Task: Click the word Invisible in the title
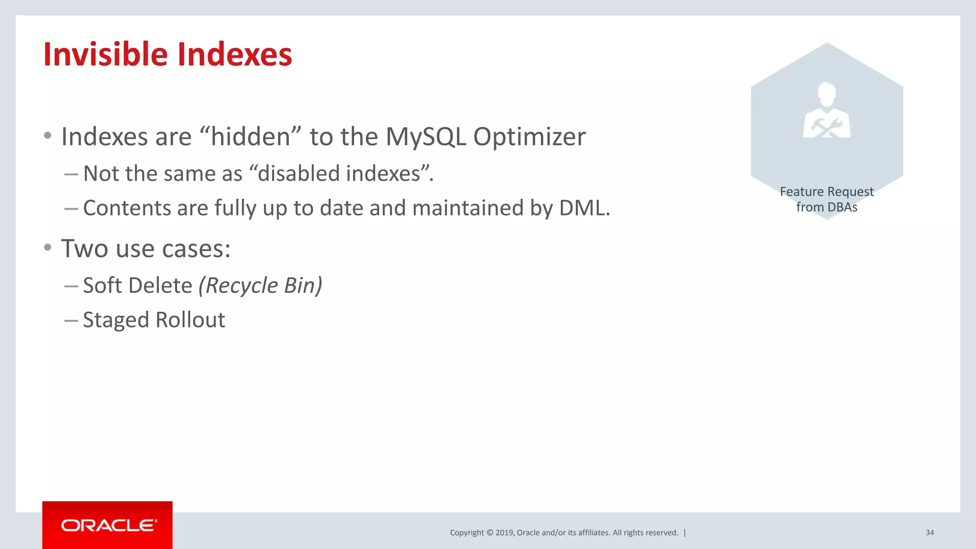click(x=105, y=54)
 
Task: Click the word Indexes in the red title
click(x=234, y=54)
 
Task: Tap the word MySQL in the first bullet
click(x=426, y=137)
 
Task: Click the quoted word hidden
click(x=251, y=137)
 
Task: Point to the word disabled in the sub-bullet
click(x=299, y=173)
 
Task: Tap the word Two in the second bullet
click(x=84, y=249)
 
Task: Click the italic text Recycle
click(x=242, y=285)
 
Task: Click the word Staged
click(x=116, y=320)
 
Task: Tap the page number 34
click(x=929, y=533)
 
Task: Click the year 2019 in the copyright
click(x=504, y=533)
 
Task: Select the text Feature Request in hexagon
click(x=826, y=192)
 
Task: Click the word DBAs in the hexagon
click(x=843, y=207)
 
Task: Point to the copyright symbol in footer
click(x=489, y=533)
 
